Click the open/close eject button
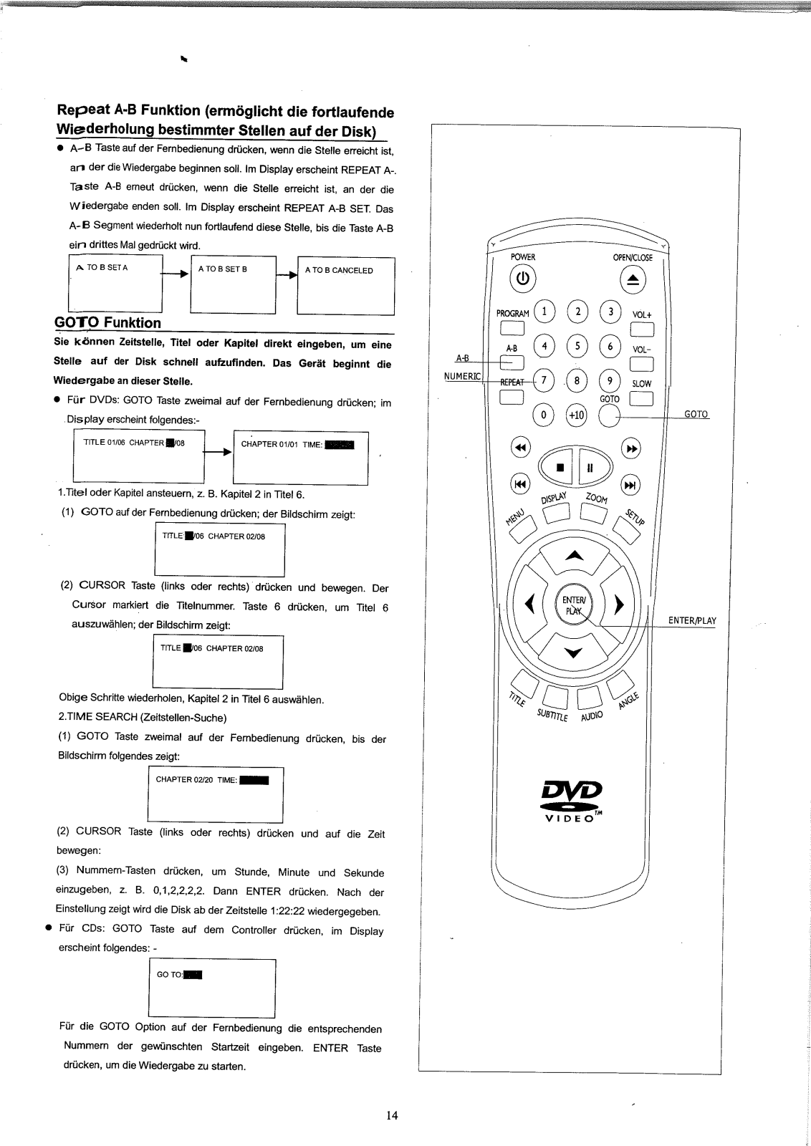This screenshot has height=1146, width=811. coord(633,279)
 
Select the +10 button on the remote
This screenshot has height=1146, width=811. coord(576,415)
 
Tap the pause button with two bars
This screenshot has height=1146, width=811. coord(590,468)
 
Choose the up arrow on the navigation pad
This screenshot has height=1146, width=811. coord(575,556)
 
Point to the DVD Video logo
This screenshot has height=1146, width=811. coord(574,797)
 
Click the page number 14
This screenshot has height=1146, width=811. coord(391,1115)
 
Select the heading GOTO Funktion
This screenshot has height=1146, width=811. coord(107,322)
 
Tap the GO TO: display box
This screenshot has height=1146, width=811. coord(211,988)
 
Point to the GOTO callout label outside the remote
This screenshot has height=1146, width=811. coord(696,414)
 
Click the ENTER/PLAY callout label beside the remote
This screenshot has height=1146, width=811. coord(691,621)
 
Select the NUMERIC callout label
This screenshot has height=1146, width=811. coord(463,376)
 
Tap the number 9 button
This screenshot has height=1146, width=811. coord(610,380)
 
